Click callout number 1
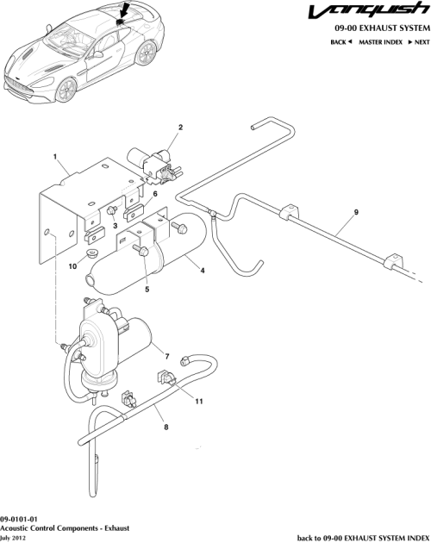pyautogui.click(x=54, y=159)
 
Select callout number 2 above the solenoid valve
pyautogui.click(x=180, y=128)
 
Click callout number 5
pyautogui.click(x=147, y=290)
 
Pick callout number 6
pyautogui.click(x=155, y=195)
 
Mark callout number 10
pyautogui.click(x=73, y=266)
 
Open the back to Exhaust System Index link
pyautogui.click(x=362, y=537)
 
